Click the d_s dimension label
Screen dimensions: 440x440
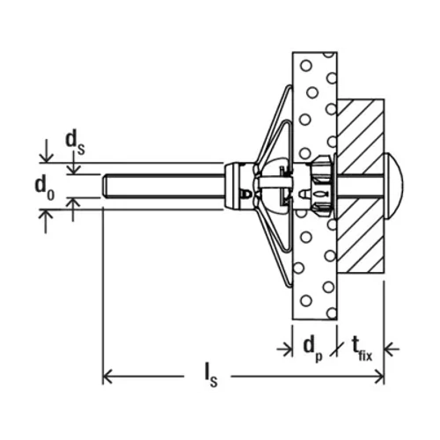tap(75, 143)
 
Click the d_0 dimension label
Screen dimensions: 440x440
tap(45, 188)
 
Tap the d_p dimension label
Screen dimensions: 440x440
tap(313, 348)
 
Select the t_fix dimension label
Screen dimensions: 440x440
tap(362, 348)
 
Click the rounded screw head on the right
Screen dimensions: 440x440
tap(393, 186)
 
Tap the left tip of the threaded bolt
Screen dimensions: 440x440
tap(104, 187)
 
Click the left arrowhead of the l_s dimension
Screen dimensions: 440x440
tap(107, 376)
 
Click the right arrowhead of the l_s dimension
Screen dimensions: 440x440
tap(379, 376)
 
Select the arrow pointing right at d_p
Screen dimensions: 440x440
tap(284, 349)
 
